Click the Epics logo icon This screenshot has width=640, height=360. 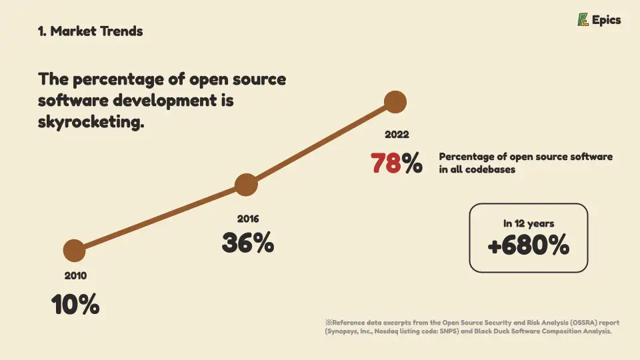pos(583,20)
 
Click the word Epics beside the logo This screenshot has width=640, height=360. pos(607,20)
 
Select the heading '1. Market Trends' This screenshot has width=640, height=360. pos(91,31)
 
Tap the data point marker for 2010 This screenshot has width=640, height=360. pos(74,251)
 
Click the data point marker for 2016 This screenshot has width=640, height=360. pos(246,185)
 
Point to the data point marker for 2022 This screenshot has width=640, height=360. pos(395,102)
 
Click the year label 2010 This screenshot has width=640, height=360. pos(75,275)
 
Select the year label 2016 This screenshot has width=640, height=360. pos(247,219)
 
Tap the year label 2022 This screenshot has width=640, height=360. pos(397,135)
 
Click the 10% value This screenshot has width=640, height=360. pos(75,305)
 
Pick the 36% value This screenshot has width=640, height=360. pos(247,243)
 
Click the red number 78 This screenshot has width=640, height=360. pos(386,163)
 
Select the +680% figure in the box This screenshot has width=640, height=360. pos(529,246)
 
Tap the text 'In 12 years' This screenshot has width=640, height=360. pos(529,223)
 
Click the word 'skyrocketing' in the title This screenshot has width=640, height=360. pos(89,123)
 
